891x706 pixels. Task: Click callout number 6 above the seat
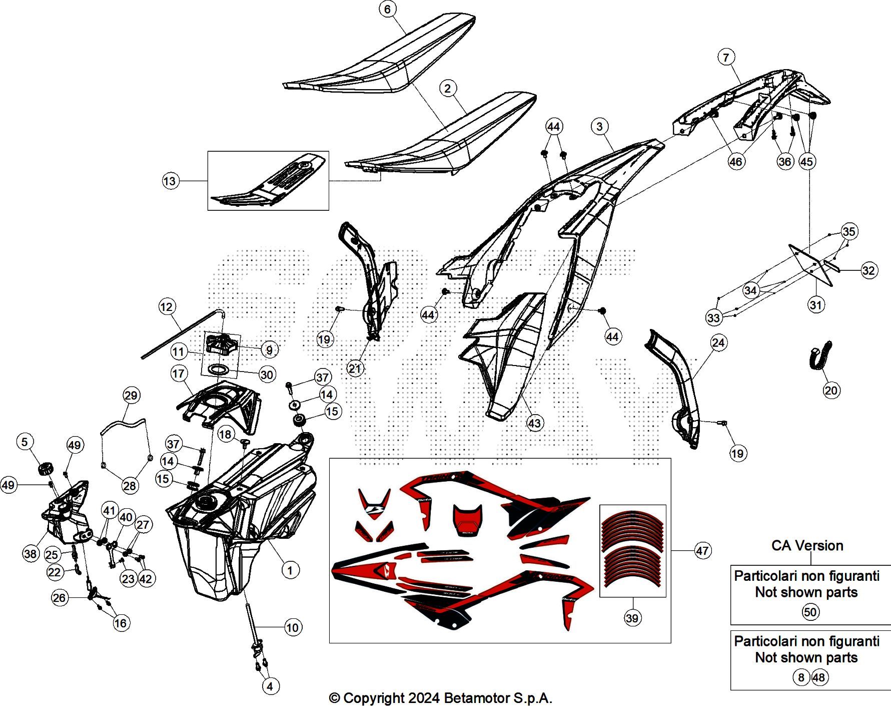pyautogui.click(x=387, y=9)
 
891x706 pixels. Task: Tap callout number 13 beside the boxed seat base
pyautogui.click(x=170, y=181)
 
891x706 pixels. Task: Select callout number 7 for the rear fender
pyautogui.click(x=726, y=57)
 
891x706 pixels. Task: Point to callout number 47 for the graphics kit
pyautogui.click(x=702, y=551)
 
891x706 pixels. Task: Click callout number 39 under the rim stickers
pyautogui.click(x=632, y=618)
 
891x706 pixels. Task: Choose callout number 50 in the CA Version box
pyautogui.click(x=810, y=612)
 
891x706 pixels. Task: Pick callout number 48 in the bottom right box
pyautogui.click(x=819, y=677)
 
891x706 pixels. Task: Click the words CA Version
pyautogui.click(x=807, y=545)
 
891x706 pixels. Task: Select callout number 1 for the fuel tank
pyautogui.click(x=290, y=570)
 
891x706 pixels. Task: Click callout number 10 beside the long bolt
pyautogui.click(x=292, y=627)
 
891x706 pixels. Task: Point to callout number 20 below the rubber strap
pyautogui.click(x=831, y=390)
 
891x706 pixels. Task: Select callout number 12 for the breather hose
pyautogui.click(x=167, y=306)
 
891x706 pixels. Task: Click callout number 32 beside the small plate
pyautogui.click(x=869, y=270)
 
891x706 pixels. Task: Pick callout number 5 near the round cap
pyautogui.click(x=25, y=442)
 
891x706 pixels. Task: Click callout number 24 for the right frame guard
pyautogui.click(x=718, y=343)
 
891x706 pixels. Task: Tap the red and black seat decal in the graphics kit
pyautogui.click(x=468, y=521)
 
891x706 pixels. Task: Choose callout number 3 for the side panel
pyautogui.click(x=600, y=126)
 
